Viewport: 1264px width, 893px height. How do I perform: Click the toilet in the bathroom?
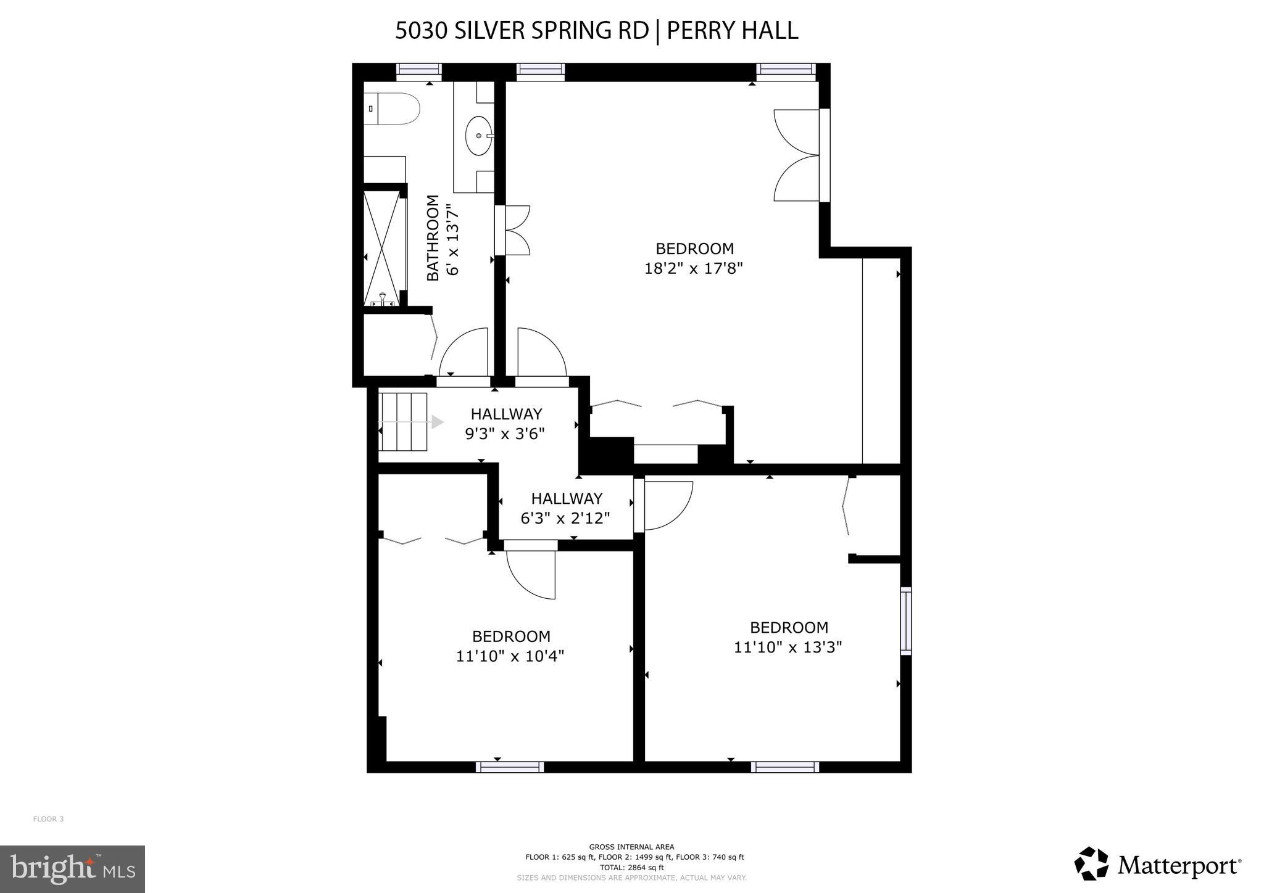(391, 109)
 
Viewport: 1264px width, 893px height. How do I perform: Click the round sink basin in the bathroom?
(478, 136)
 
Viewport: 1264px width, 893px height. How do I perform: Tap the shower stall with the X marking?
(384, 249)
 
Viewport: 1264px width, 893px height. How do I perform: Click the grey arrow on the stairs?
(437, 422)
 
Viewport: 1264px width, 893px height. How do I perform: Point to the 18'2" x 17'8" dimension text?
(694, 269)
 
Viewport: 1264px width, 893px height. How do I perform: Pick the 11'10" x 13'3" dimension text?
(788, 648)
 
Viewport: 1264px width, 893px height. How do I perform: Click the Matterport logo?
(1157, 865)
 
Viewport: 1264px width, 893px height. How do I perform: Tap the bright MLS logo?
(72, 869)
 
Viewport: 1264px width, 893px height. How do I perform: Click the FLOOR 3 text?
(48, 819)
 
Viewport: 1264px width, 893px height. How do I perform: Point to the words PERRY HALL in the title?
(732, 30)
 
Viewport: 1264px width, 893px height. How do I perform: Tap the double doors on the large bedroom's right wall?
(797, 155)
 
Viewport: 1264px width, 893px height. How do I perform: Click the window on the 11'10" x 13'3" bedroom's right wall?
(905, 621)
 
